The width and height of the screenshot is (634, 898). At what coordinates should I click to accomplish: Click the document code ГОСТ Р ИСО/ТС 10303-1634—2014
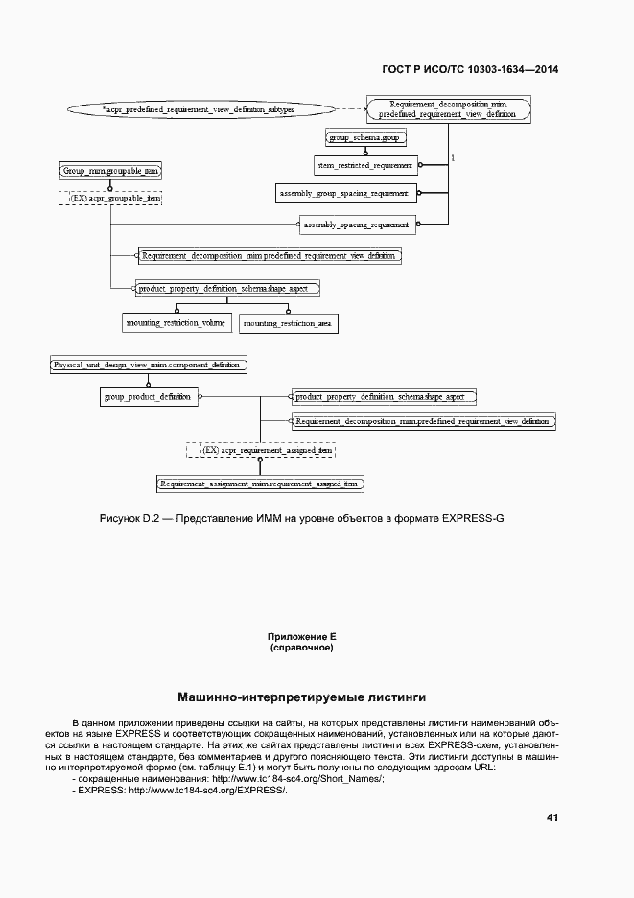470,69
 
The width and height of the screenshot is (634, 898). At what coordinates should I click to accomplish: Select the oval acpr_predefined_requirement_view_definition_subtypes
199,110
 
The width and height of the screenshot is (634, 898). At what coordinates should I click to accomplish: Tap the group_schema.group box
365,138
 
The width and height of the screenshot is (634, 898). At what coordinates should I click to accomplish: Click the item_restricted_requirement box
364,165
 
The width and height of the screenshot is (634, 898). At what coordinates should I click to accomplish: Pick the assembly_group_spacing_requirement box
343,194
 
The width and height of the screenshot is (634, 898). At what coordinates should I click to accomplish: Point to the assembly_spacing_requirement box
356,225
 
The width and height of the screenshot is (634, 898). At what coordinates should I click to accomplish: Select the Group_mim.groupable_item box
110,170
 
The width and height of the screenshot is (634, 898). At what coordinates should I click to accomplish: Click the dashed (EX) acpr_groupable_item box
110,198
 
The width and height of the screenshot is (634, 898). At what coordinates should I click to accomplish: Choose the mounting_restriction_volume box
176,323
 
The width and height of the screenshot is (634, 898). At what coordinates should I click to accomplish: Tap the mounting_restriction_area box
288,324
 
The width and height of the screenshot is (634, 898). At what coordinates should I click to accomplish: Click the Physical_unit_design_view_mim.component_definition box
149,365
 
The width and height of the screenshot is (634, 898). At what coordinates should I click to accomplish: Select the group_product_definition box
147,396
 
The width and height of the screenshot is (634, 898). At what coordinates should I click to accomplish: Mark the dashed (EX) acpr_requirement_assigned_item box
261,449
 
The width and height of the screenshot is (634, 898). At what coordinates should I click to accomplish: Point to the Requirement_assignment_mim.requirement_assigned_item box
259,484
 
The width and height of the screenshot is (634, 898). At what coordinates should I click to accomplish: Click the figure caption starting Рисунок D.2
302,519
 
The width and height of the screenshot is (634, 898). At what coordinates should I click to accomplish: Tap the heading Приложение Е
302,637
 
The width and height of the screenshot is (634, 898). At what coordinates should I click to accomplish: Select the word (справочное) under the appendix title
302,649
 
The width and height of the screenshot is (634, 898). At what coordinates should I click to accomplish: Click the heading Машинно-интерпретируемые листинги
302,697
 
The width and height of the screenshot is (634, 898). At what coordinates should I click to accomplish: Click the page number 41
552,817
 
